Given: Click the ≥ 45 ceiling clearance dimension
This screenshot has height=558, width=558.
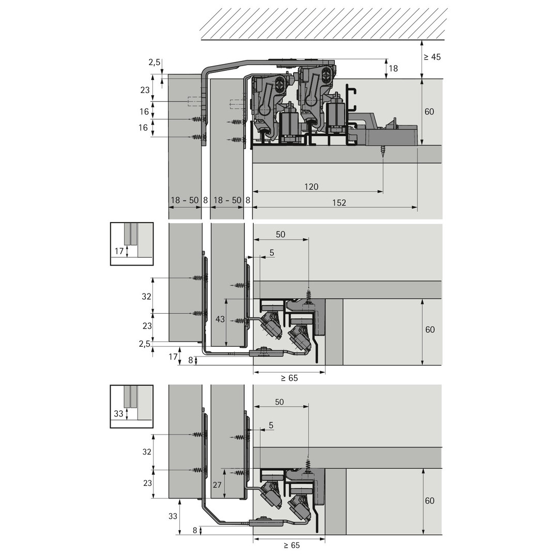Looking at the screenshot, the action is coord(432,57).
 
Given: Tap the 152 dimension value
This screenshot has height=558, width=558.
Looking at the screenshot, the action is coord(339,203).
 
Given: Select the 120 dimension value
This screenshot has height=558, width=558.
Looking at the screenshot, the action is coord(312,187).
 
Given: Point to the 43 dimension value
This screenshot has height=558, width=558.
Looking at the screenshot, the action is coord(220,319).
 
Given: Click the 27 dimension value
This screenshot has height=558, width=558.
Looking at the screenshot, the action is coord(217,485).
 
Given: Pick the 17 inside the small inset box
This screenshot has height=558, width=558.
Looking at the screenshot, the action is coord(119,251).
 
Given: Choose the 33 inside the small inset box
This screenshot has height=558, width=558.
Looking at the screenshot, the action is coord(118,413).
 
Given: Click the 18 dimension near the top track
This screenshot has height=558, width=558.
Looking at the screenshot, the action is coord(393,68).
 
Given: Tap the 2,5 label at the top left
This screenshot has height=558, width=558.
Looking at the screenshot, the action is coord(154,63).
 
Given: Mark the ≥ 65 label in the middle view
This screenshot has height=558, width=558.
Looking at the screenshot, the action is coord(289,378).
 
